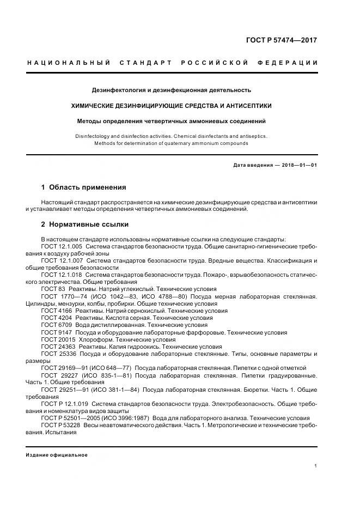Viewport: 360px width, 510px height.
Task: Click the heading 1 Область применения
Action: click(84, 187)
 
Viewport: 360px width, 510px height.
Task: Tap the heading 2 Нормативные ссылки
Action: click(85, 224)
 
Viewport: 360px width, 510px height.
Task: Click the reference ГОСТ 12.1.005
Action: click(62, 246)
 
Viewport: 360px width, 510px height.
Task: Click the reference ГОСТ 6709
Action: click(55, 324)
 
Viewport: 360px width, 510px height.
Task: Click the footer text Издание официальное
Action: click(56, 455)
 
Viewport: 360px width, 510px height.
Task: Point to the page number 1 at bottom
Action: click(316, 466)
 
